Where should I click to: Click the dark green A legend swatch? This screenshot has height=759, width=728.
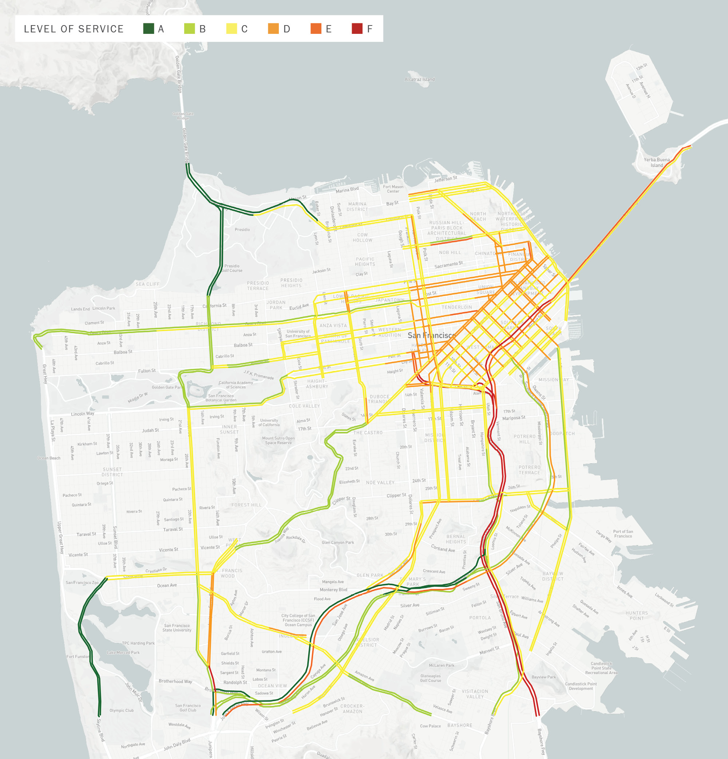click(x=148, y=29)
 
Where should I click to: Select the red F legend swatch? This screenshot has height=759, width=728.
click(x=357, y=29)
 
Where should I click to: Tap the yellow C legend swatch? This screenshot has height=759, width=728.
click(x=232, y=29)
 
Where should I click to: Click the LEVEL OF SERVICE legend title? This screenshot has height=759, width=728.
click(x=74, y=29)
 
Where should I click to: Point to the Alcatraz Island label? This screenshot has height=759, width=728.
click(x=419, y=79)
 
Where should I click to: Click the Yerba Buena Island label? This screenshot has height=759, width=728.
click(x=656, y=162)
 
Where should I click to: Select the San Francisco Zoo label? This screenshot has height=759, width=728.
click(x=82, y=582)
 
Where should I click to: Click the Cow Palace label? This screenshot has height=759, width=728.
click(x=430, y=726)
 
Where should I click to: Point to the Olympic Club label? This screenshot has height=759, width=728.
click(x=121, y=711)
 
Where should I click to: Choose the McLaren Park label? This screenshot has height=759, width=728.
click(x=442, y=665)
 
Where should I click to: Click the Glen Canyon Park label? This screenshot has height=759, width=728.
click(x=338, y=542)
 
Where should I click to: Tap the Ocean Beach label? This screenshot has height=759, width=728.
click(x=49, y=458)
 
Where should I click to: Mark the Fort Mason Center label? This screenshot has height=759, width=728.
click(x=393, y=189)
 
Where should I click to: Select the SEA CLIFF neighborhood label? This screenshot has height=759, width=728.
click(x=147, y=284)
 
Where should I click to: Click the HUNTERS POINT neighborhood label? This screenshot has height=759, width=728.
click(x=637, y=616)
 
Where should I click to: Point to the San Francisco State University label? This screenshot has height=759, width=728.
click(x=177, y=628)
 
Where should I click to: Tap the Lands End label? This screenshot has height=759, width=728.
click(x=80, y=309)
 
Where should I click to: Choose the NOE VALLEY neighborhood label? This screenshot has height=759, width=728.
click(x=380, y=482)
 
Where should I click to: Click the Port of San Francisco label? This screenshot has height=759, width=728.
click(x=623, y=534)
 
